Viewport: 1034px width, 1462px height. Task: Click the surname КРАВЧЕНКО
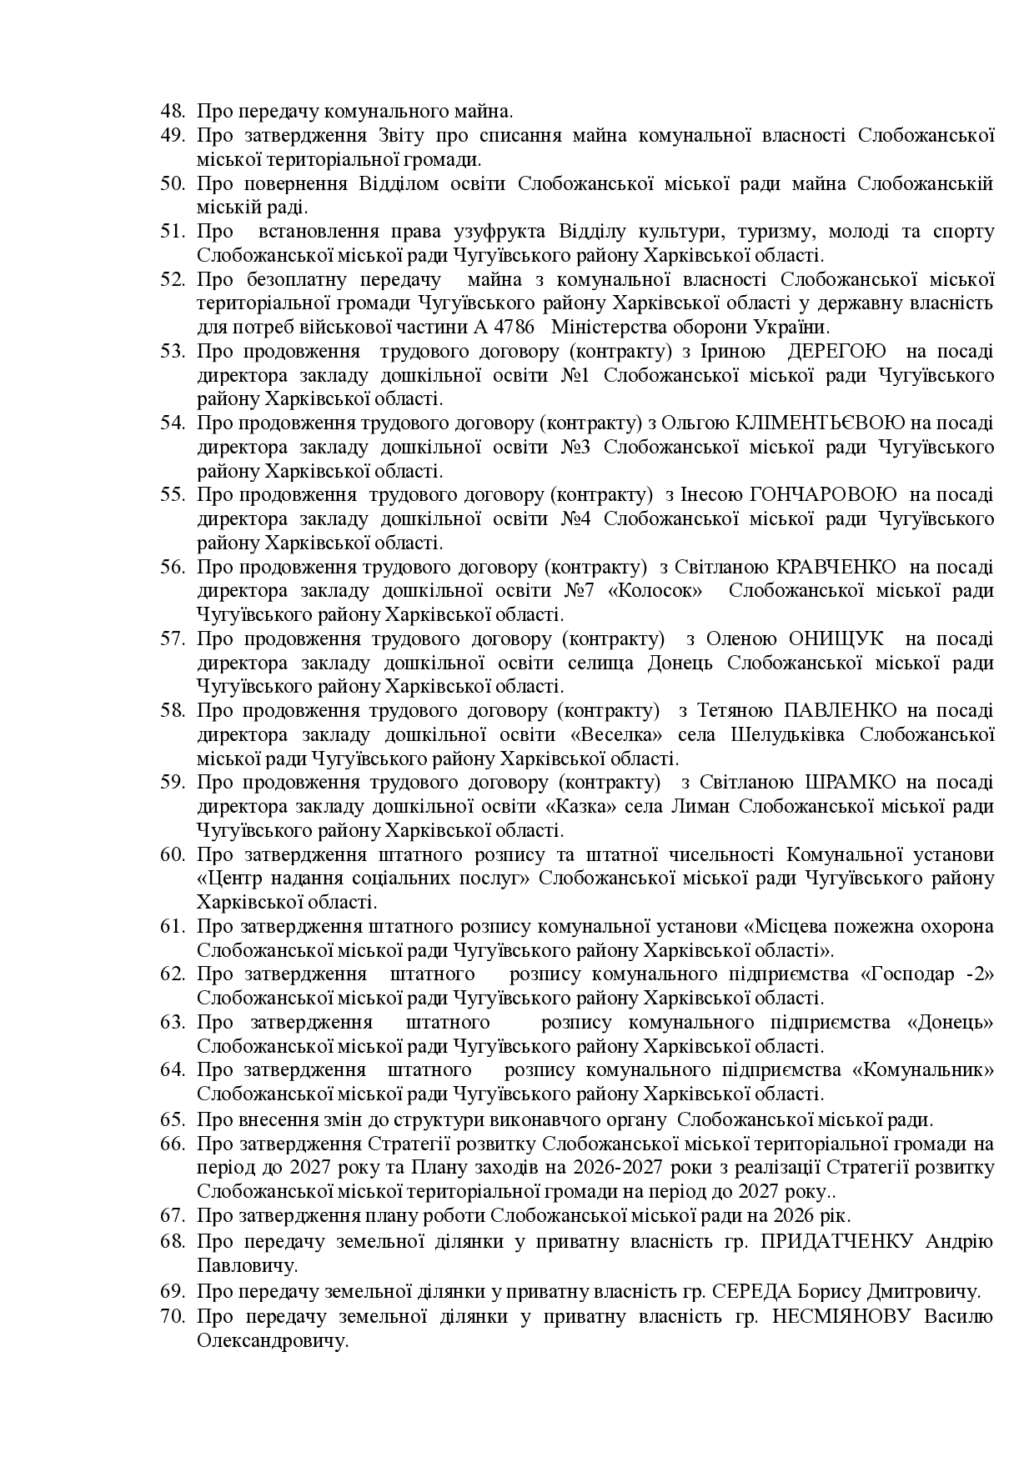coord(836,568)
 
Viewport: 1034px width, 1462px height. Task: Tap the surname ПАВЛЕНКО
coord(840,711)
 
